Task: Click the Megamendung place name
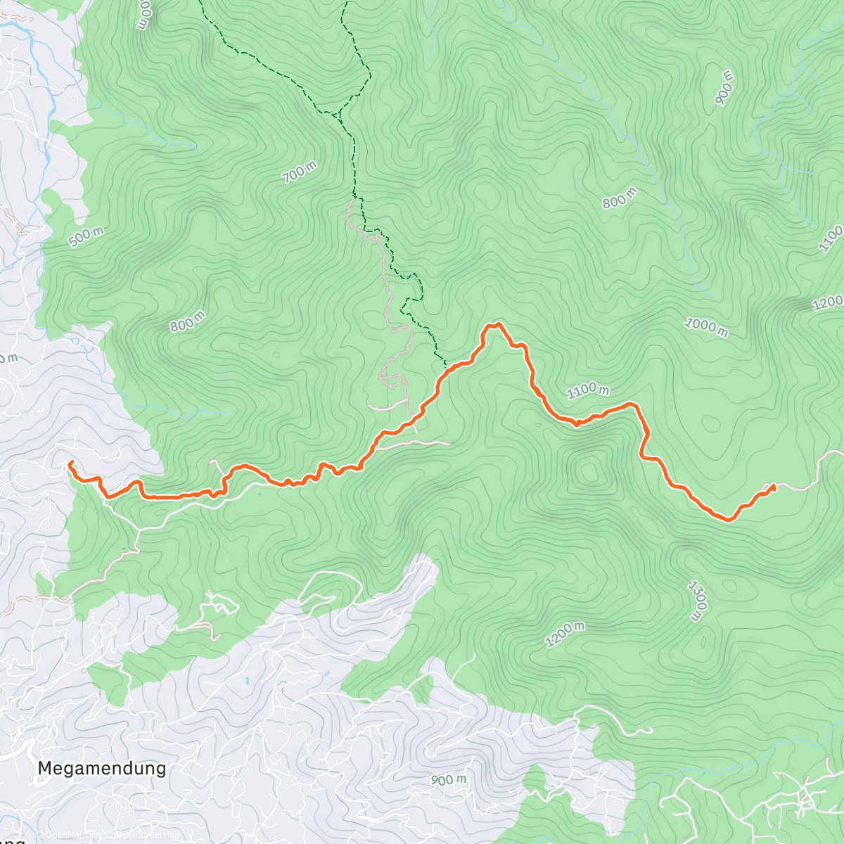[102, 768]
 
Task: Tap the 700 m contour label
[300, 172]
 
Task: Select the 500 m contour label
[86, 237]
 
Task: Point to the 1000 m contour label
[706, 326]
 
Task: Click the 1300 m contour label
[696, 601]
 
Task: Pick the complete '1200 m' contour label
[565, 634]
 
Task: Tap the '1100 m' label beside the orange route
[588, 390]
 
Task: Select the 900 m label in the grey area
[449, 780]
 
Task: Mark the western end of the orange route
[70, 462]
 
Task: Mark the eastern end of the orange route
[774, 485]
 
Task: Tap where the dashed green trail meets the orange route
[446, 365]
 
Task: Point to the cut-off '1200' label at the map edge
[828, 303]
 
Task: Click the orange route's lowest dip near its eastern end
[729, 520]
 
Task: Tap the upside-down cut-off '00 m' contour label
[143, 14]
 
